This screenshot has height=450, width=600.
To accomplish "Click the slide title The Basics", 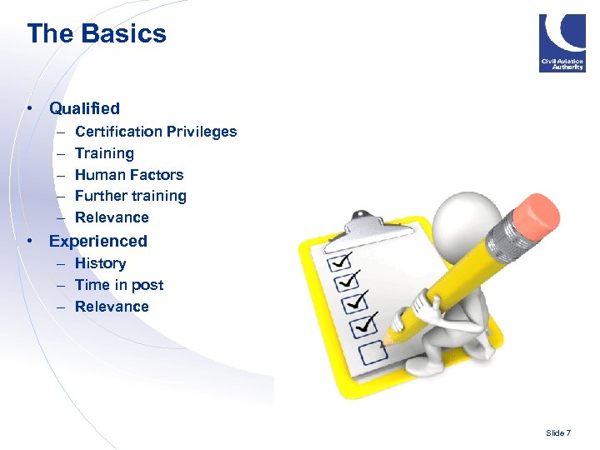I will [x=97, y=34].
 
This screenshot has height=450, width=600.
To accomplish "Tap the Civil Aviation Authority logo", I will [x=562, y=42].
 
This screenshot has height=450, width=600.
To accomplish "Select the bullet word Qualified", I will [x=84, y=108].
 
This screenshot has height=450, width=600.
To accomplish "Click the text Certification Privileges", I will [x=156, y=132].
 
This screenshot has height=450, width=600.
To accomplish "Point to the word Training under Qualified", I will [x=104, y=153].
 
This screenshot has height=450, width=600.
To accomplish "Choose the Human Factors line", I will [x=129, y=175].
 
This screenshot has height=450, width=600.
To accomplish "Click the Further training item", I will [x=131, y=197].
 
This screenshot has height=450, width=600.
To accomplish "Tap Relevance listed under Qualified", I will [x=112, y=218].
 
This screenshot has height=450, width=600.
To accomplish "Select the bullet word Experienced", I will [x=97, y=242].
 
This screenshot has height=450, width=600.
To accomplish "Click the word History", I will [x=100, y=263].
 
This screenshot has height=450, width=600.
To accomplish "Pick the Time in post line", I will [x=119, y=285].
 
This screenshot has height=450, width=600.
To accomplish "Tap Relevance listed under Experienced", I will [x=112, y=307].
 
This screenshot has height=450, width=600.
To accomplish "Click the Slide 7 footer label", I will [x=558, y=433].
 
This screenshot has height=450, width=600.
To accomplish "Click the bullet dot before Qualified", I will [x=30, y=108].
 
